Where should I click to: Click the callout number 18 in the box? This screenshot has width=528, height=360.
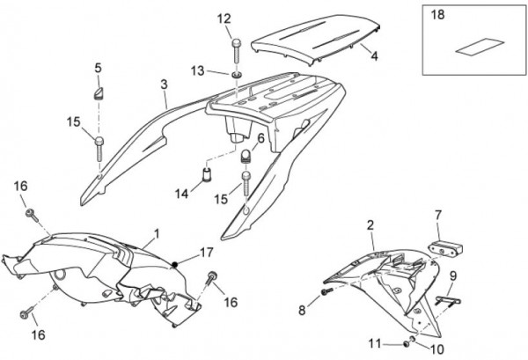pyautogui.click(x=437, y=15)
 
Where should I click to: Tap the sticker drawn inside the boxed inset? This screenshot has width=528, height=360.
pyautogui.click(x=480, y=47)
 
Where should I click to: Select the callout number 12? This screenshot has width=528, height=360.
pyautogui.click(x=224, y=18)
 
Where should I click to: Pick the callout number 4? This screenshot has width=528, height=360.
pyautogui.click(x=375, y=56)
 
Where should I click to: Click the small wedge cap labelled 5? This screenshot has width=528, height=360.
pyautogui.click(x=99, y=93)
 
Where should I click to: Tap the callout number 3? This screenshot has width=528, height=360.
pyautogui.click(x=164, y=84)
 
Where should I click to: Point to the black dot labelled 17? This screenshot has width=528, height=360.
pyautogui.click(x=175, y=264)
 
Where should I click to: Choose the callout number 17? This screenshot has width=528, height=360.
pyautogui.click(x=207, y=253)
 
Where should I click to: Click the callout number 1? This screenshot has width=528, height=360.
pyautogui.click(x=157, y=233)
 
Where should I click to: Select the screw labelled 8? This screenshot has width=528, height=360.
pyautogui.click(x=326, y=292)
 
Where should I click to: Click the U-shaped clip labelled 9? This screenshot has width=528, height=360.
pyautogui.click(x=448, y=299)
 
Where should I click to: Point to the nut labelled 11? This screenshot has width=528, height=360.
pyautogui.click(x=407, y=344)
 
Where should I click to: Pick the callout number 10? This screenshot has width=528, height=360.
pyautogui.click(x=437, y=349)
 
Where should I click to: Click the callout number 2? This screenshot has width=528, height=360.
pyautogui.click(x=370, y=225)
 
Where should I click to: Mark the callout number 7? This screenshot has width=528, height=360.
pyautogui.click(x=438, y=215)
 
